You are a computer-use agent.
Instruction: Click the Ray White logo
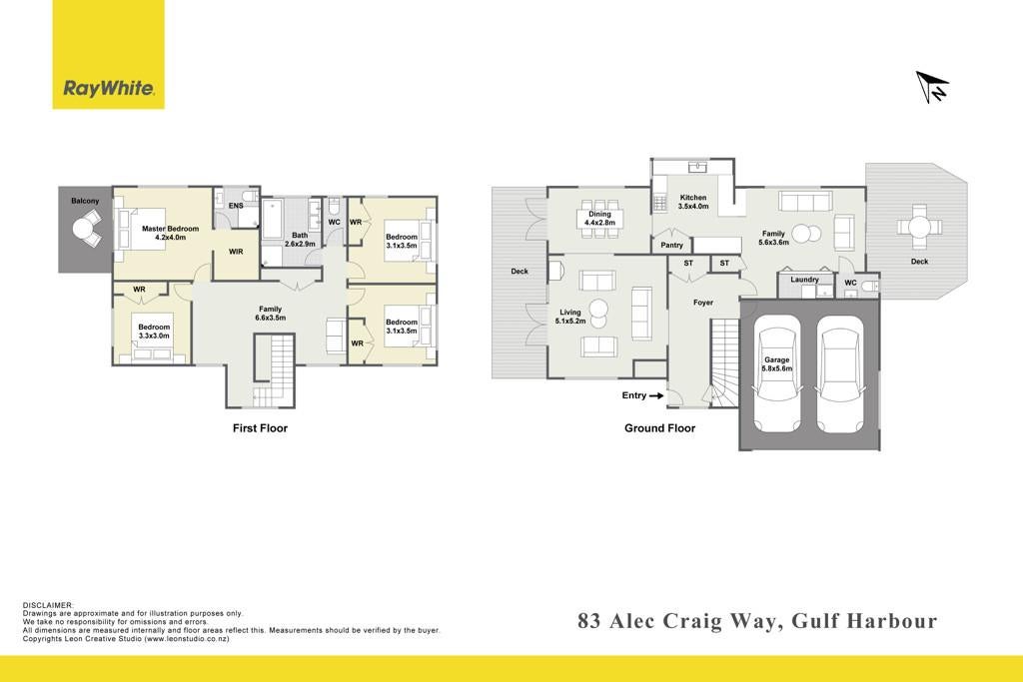[x=108, y=55]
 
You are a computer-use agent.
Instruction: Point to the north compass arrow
[x=932, y=87]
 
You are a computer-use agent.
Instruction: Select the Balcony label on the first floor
[x=86, y=201]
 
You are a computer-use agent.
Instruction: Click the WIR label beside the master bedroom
[x=236, y=251]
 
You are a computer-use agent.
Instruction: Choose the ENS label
[x=236, y=206]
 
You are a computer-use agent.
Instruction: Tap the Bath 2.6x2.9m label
[x=300, y=240]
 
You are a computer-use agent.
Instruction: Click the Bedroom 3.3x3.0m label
[x=154, y=332]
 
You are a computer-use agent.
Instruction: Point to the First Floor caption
[x=261, y=427]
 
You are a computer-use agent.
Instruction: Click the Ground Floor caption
[x=659, y=427]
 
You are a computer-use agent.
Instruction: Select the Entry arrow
[x=656, y=395]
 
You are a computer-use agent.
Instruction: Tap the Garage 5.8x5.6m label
[x=777, y=363]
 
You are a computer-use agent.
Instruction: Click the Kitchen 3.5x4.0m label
[x=693, y=202]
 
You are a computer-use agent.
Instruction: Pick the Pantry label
[x=672, y=246]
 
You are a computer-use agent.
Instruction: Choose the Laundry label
[x=804, y=279]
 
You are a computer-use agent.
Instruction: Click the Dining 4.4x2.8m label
[x=599, y=218]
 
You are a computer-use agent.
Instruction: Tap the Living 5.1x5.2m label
[x=570, y=317]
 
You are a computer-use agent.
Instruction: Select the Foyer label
[x=703, y=303]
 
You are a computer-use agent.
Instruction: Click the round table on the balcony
[x=84, y=229]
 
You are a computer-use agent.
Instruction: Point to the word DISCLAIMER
[x=48, y=605]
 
